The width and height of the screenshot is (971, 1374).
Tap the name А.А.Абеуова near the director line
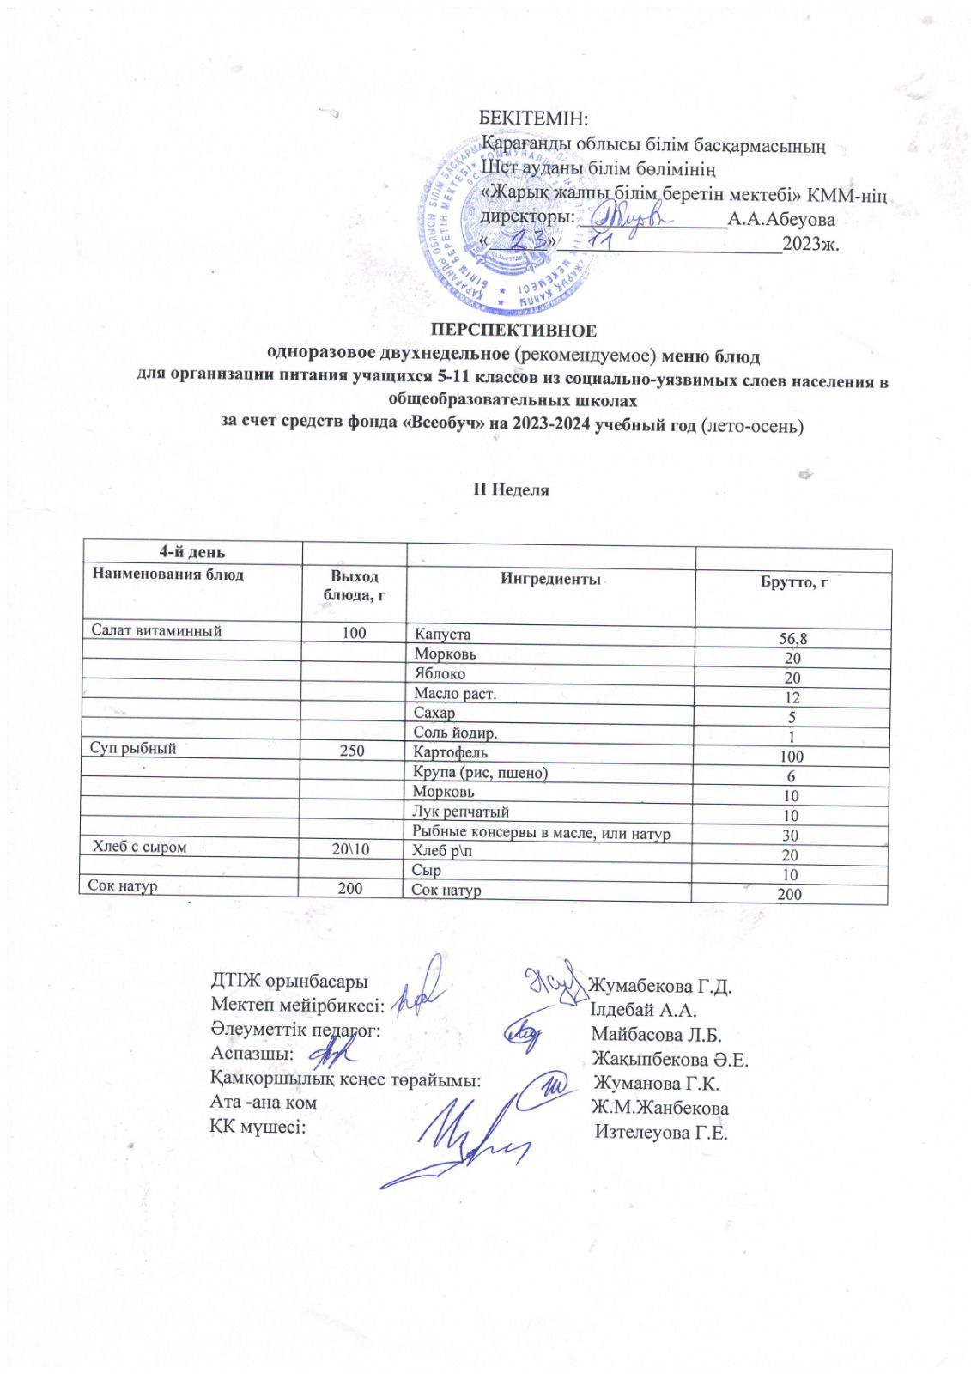click(781, 220)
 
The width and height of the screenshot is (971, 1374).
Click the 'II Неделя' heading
click(513, 490)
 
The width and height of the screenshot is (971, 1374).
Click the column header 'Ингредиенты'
click(550, 580)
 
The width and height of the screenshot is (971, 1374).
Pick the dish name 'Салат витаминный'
click(157, 631)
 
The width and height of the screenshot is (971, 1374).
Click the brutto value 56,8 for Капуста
click(792, 638)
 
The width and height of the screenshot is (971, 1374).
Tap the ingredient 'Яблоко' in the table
click(440, 674)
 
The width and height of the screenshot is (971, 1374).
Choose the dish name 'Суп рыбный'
click(133, 748)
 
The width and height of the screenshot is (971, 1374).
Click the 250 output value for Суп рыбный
click(352, 751)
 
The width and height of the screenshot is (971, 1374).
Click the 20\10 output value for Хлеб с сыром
click(350, 849)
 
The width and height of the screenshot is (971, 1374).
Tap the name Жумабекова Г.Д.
click(662, 986)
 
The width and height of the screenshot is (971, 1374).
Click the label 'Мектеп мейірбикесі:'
click(297, 1005)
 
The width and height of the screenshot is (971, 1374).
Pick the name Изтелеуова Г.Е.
click(662, 1133)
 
